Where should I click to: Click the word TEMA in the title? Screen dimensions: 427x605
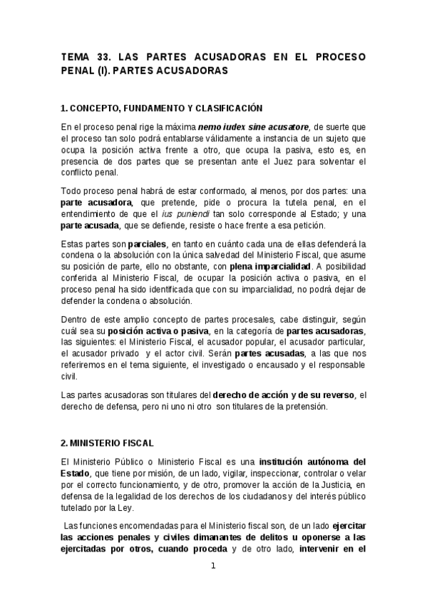pyautogui.click(x=76, y=56)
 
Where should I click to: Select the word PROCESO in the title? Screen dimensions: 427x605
pyautogui.click(x=341, y=56)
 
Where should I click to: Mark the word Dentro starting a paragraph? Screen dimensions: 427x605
pyautogui.click(x=76, y=319)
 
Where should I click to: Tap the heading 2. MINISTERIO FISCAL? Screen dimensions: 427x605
pyautogui.click(x=107, y=444)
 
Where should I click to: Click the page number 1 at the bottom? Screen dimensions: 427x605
pyautogui.click(x=212, y=566)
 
